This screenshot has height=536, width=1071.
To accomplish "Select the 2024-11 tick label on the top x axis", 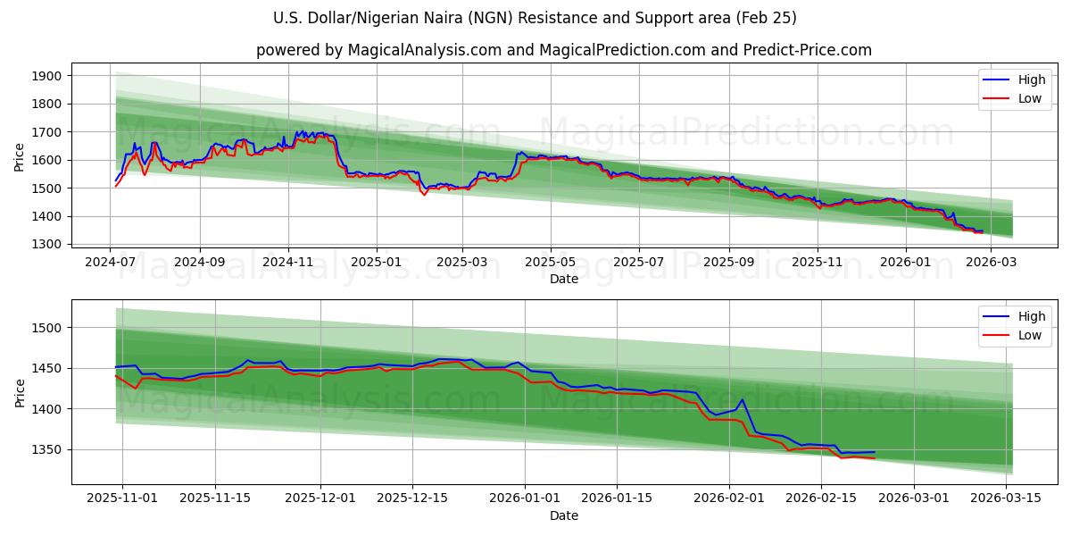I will coord(287,262).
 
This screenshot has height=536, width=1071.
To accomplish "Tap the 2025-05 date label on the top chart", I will coord(550,262).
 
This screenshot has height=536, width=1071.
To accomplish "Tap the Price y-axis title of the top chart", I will coord(20,156).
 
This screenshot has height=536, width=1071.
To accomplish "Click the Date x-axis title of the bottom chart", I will coord(563,515).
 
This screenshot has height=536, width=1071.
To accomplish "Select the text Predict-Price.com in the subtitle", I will coord(809,50).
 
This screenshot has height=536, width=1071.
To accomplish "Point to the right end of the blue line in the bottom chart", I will coord(875,452).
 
